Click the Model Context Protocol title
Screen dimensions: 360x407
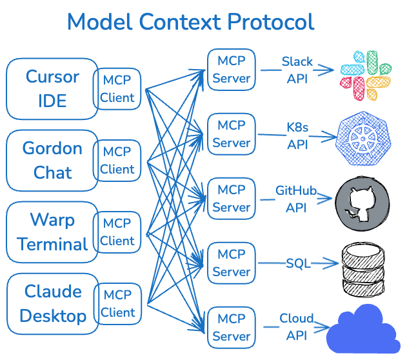pos(190,22)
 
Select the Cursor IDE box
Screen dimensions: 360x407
pos(52,89)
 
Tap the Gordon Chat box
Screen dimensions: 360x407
pos(52,161)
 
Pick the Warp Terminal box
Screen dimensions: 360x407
pos(52,232)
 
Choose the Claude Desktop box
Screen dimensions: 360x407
pos(52,304)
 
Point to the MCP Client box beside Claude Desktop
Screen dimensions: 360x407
pos(117,304)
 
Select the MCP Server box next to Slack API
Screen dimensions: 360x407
pos(232,70)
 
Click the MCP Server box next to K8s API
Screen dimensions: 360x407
pos(232,134)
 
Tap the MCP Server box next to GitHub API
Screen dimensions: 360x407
pos(232,199)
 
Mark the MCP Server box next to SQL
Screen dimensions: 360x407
pos(232,263)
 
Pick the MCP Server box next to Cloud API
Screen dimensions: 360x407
pos(232,328)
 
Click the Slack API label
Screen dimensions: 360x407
pos(297,70)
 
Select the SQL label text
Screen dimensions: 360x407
pos(298,263)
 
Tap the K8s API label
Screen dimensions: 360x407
pos(297,135)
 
